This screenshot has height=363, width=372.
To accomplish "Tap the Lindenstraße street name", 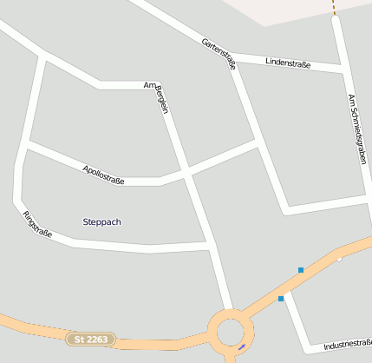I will coord(288,63).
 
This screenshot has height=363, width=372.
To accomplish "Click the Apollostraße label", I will coord(103,174).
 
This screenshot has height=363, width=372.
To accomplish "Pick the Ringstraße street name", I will coord(37,224).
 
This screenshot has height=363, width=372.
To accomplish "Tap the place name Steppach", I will coord(101,222).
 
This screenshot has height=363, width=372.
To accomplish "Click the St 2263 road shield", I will coord(90,339).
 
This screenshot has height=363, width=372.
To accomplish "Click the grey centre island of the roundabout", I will coord(231,332).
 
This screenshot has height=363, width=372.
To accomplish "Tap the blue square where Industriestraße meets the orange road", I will coord(281,299).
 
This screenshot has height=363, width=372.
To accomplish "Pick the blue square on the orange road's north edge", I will coord(301,270).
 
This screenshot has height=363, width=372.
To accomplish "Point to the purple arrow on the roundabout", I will coord(241,346).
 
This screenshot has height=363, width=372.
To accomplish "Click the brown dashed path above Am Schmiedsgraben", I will coord(333,7).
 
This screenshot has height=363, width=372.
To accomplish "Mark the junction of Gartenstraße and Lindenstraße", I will coord(231,59).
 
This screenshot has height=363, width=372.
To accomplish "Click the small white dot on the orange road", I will coord(340,258).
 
